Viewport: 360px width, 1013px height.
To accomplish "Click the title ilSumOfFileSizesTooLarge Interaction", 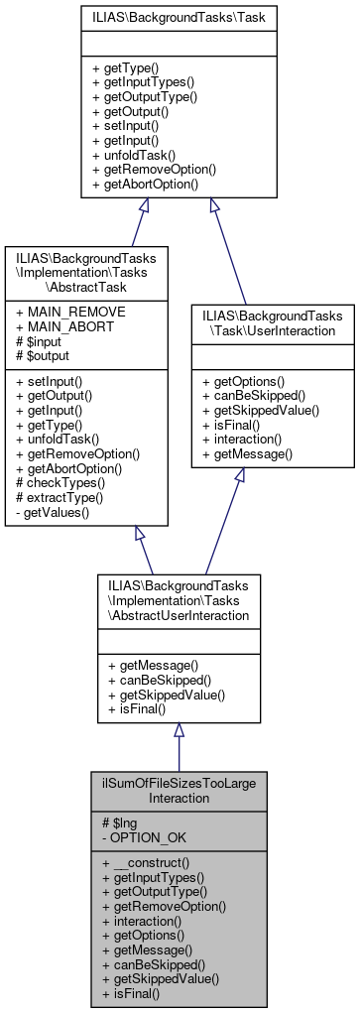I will click(179, 790).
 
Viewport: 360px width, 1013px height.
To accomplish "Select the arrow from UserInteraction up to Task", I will click(231, 248).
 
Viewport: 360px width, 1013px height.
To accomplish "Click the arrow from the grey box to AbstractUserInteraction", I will click(180, 744).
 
